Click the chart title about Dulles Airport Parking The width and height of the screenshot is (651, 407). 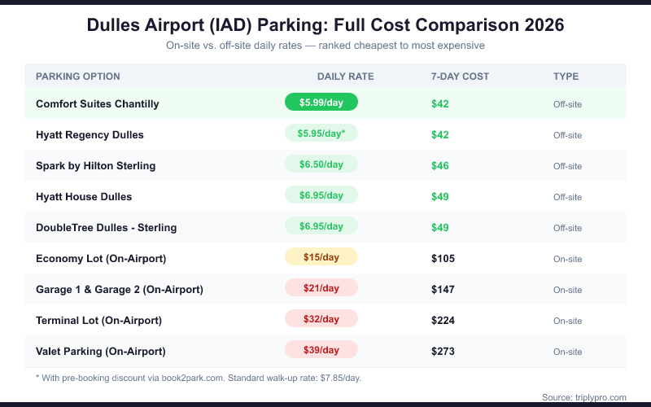(x=325, y=25)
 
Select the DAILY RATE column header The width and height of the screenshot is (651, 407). (x=345, y=77)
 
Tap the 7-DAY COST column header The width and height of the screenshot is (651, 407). (x=460, y=77)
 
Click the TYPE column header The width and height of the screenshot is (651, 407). (x=566, y=77)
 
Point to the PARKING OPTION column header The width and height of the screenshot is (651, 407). (x=78, y=77)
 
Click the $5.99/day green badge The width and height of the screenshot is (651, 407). (x=321, y=103)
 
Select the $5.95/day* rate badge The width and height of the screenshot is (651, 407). (x=321, y=133)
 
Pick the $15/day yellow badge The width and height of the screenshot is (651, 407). (x=321, y=257)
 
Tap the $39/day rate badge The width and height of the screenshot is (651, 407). (x=321, y=350)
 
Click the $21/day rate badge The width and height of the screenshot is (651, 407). (x=321, y=288)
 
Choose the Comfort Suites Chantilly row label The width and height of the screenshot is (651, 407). (x=98, y=104)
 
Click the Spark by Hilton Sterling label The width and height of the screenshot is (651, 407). (x=95, y=166)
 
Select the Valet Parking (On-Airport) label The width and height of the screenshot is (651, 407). (x=101, y=352)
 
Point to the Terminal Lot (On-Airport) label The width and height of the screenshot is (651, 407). (x=99, y=321)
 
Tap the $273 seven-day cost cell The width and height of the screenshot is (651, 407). (x=443, y=352)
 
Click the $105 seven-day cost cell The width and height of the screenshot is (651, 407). (x=443, y=259)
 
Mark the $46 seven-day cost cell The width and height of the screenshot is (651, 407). (x=440, y=166)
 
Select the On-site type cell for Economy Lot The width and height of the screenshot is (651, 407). (x=567, y=259)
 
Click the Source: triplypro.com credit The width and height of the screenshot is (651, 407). (x=583, y=397)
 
